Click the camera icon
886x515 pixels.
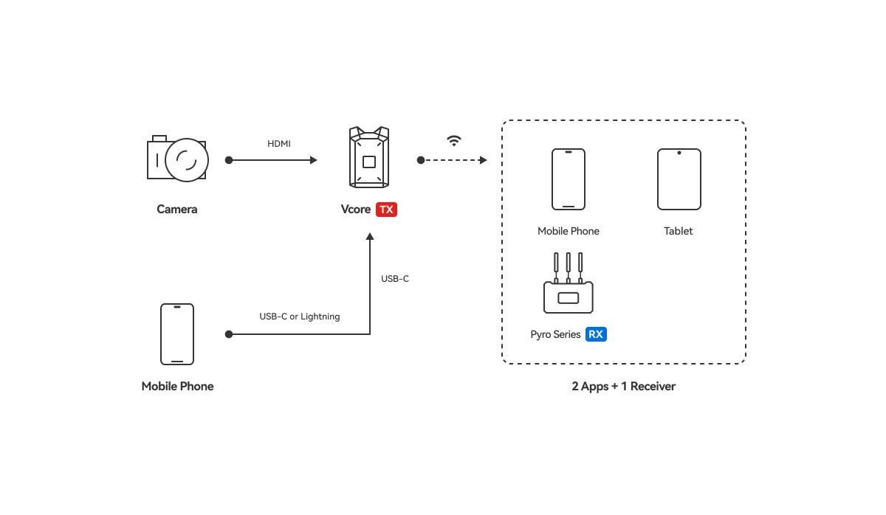coord(177,159)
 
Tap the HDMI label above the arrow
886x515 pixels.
coord(279,143)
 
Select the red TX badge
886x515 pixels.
coord(386,210)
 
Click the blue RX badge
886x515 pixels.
coord(596,334)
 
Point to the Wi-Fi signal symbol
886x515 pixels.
coord(454,140)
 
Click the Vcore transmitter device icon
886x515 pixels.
coord(369,157)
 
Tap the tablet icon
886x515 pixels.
coord(679,179)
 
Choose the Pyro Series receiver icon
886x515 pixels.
coord(569,283)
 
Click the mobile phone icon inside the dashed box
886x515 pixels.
coord(569,179)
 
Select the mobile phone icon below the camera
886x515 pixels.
coord(177,334)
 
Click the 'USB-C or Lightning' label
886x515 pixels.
coord(300,317)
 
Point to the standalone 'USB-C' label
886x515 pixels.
coord(395,279)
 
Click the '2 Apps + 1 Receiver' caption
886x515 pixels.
coord(623,386)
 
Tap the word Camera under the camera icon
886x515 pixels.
coord(176,209)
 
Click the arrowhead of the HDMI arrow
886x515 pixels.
coord(314,160)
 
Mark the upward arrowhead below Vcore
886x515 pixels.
coord(370,236)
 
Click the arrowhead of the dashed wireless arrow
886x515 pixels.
coord(483,160)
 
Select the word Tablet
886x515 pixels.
coord(678,231)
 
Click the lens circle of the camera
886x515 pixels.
coord(187,159)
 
